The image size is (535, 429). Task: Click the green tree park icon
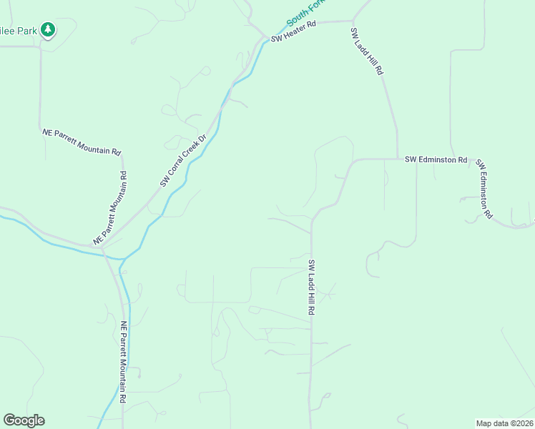tap(48, 29)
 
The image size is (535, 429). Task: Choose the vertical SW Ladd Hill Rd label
tap(312, 288)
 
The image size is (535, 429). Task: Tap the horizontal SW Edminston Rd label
tap(436, 159)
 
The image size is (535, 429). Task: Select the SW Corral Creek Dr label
tap(182, 161)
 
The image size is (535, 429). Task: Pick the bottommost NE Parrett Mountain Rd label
tap(124, 361)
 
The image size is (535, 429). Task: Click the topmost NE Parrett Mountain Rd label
tap(82, 142)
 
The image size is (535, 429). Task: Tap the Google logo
tap(24, 420)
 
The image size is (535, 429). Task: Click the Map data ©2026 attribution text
tap(504, 423)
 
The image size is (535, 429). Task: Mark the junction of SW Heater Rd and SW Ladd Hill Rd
tap(353, 21)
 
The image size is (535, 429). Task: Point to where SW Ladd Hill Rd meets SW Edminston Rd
tap(397, 159)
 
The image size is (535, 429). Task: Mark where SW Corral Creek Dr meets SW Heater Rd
tap(263, 38)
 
